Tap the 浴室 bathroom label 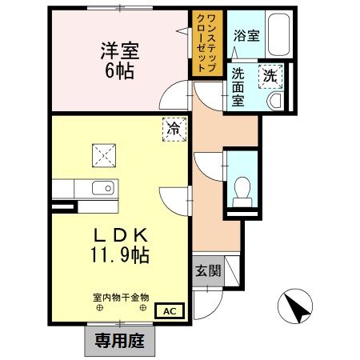tap(246, 36)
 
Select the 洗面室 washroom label tap(238, 87)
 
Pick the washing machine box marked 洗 tap(270, 77)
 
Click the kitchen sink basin tap(101, 190)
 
